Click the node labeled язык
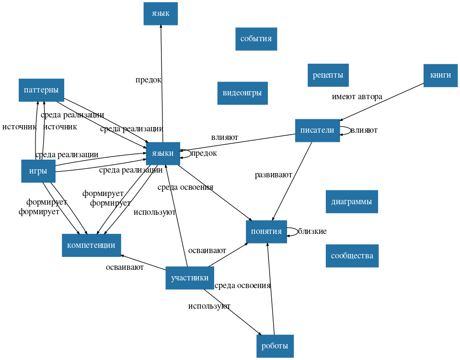click(x=161, y=13)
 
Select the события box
click(x=256, y=39)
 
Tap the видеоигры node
click(x=242, y=93)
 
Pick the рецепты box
click(x=328, y=75)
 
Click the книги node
click(x=440, y=75)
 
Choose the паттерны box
click(x=41, y=90)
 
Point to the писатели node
click(x=317, y=130)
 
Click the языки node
click(x=163, y=153)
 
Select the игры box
click(x=38, y=171)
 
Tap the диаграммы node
click(x=351, y=201)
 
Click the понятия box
click(x=266, y=232)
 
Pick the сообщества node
click(x=352, y=255)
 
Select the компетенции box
click(x=91, y=245)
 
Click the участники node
click(x=190, y=278)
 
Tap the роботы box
click(x=275, y=346)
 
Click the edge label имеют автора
click(x=357, y=97)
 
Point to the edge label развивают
click(x=273, y=175)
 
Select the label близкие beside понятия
click(x=312, y=232)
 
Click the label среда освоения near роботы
click(x=242, y=286)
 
